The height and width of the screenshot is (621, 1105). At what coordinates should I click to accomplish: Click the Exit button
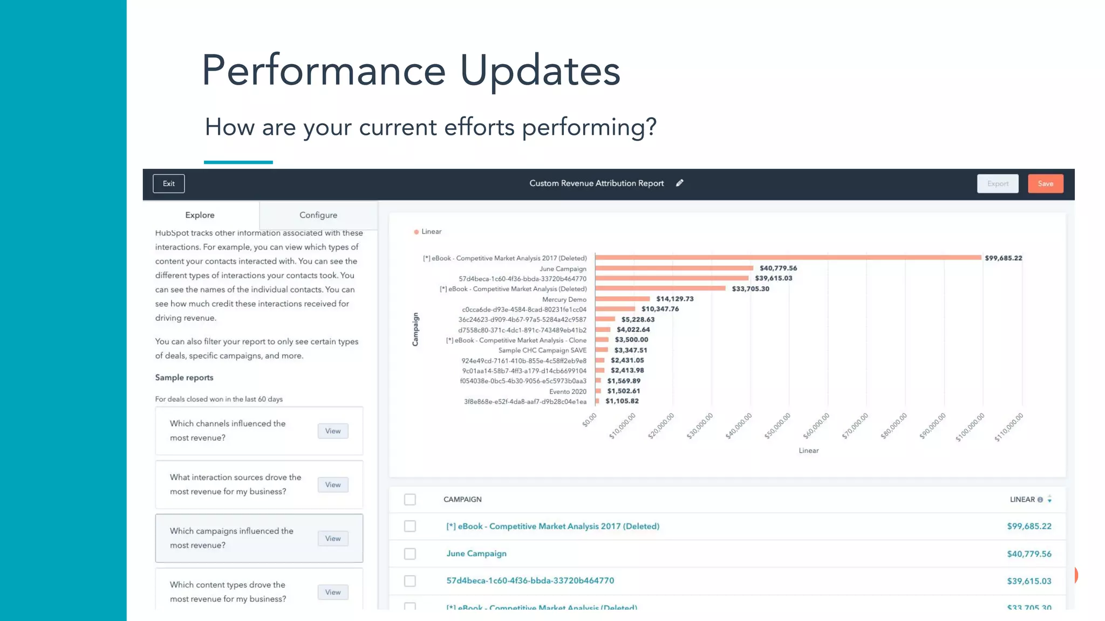pos(168,184)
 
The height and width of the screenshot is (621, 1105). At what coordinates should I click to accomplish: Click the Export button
pos(997,184)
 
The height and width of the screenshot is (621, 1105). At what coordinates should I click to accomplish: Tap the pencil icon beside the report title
pos(680,183)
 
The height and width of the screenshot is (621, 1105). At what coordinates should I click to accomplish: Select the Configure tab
pos(318,215)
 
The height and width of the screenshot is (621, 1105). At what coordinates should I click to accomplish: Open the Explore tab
pos(200,215)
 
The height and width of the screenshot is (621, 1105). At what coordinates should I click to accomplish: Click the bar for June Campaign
pos(674,268)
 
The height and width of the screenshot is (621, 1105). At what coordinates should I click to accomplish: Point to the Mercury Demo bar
pos(623,299)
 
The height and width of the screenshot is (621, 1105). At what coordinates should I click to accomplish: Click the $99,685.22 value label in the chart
pos(1003,258)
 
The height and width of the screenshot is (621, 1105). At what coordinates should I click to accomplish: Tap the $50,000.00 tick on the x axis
pos(777,426)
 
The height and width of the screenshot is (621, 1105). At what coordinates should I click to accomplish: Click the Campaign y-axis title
pos(415,329)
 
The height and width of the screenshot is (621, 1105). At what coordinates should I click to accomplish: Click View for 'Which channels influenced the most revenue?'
pos(332,431)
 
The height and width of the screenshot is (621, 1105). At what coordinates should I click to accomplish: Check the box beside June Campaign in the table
pos(410,554)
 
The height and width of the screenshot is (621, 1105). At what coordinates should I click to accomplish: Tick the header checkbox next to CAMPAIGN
pos(410,500)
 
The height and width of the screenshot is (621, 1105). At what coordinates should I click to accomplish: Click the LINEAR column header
pos(1022,500)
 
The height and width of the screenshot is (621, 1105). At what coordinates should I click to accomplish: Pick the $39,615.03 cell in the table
pos(1029,581)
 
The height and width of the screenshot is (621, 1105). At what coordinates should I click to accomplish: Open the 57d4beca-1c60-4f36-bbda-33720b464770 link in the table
pos(530,581)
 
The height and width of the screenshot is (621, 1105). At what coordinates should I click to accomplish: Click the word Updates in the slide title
pos(540,71)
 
